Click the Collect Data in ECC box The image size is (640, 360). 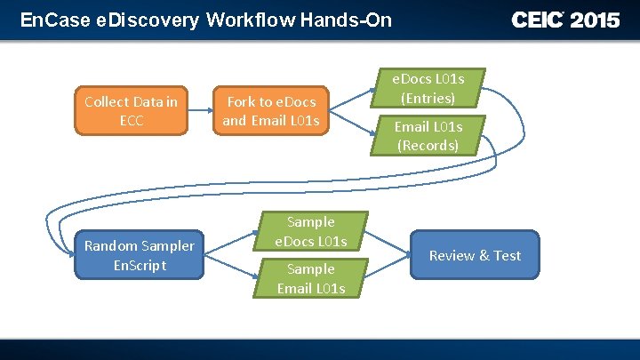coord(131,111)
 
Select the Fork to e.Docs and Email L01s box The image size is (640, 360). coord(270,111)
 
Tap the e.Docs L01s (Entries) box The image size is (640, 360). coord(428,88)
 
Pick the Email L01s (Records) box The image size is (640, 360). coord(428,136)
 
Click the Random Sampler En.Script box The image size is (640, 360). coord(139,255)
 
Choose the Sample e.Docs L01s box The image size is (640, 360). coord(310,231)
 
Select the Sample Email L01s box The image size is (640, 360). coord(310,278)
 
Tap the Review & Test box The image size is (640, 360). coord(475,255)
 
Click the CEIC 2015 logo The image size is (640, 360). coord(565,20)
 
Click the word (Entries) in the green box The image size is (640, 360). coord(428,98)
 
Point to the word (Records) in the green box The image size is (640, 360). coord(428,146)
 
